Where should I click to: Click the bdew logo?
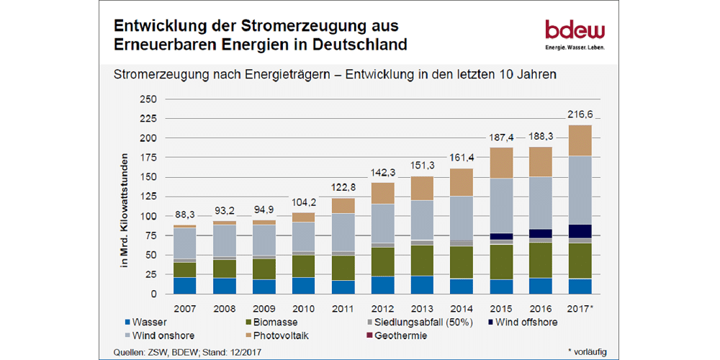575,35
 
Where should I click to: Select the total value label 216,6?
580,114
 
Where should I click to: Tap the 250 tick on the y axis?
147,99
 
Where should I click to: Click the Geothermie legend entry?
403,336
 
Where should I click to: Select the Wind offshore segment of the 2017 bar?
580,231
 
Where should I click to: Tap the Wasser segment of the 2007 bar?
184,286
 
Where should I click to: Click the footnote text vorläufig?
588,352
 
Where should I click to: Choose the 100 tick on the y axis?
147,216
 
